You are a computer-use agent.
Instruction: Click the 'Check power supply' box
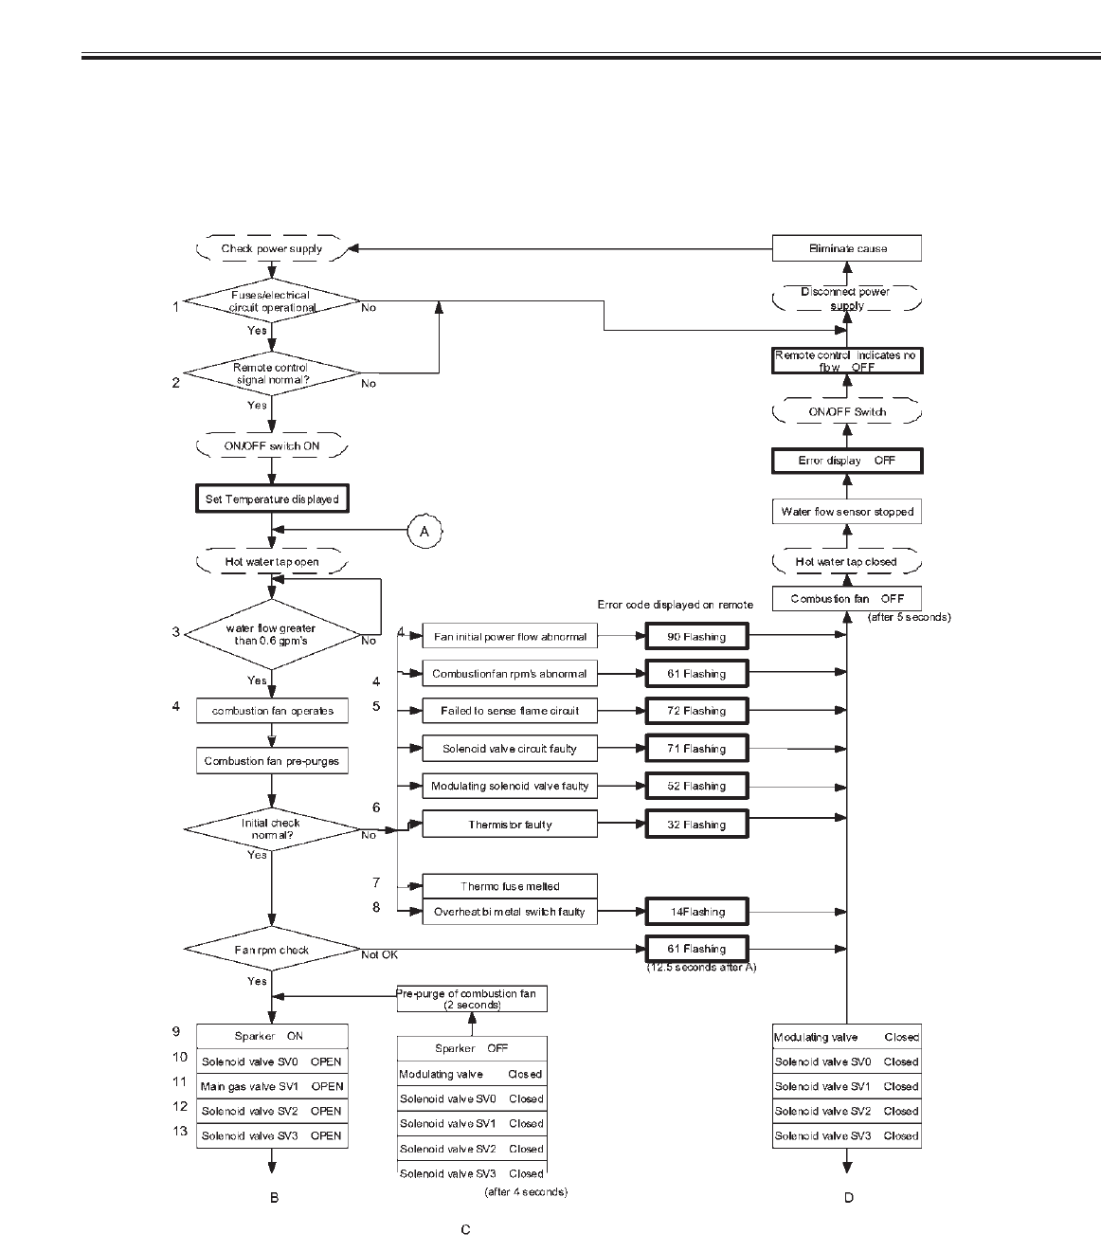(272, 249)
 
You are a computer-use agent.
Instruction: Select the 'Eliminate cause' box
(846, 248)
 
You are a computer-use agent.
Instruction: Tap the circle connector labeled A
(424, 532)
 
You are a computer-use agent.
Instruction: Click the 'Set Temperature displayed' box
(272, 499)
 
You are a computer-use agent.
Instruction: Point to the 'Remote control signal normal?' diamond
(272, 373)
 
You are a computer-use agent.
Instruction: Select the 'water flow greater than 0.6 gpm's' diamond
(272, 634)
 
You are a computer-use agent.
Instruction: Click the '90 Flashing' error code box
(696, 637)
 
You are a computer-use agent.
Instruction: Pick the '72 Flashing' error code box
(696, 711)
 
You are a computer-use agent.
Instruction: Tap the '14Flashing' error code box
(696, 912)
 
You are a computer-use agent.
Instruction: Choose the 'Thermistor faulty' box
(510, 825)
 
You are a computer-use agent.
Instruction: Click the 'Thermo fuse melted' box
(510, 886)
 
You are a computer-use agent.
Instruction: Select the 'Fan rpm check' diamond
(272, 950)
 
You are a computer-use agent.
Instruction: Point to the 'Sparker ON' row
(272, 1036)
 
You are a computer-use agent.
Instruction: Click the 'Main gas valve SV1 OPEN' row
(272, 1086)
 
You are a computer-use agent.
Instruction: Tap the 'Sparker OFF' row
(472, 1048)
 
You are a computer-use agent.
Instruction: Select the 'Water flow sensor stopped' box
(847, 512)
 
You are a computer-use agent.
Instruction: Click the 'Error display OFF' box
(847, 461)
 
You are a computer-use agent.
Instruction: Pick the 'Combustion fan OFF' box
(847, 599)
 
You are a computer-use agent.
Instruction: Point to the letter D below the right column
(848, 1198)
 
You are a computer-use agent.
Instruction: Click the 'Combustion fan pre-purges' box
(272, 761)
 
